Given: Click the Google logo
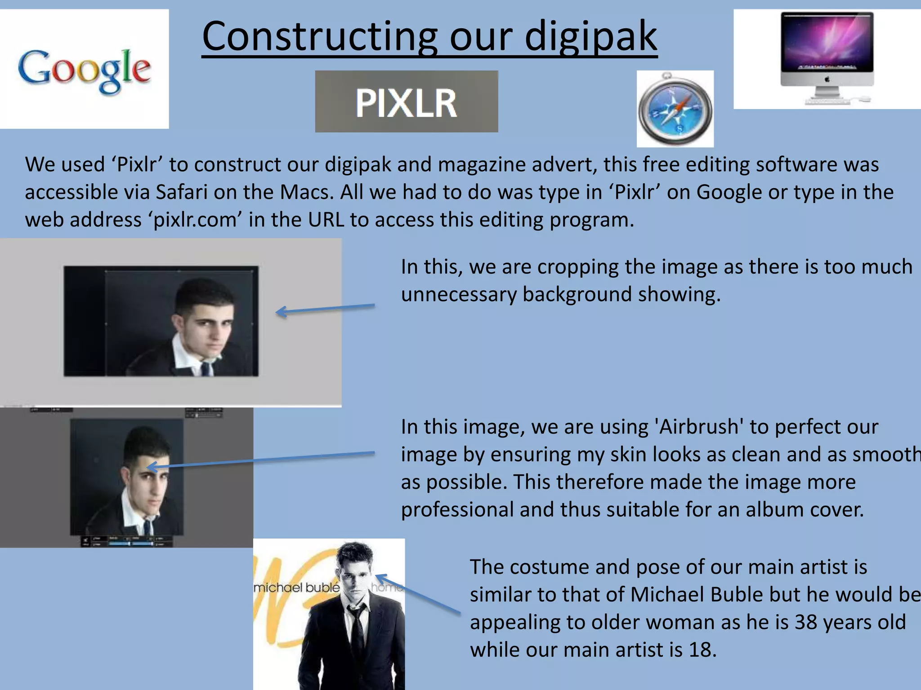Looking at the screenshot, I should (84, 70).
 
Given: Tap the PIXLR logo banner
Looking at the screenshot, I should (406, 102).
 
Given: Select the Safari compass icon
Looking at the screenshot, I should (675, 109).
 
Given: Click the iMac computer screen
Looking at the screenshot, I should (827, 43).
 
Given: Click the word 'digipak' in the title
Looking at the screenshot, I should (591, 37).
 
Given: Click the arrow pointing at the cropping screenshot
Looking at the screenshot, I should (325, 310).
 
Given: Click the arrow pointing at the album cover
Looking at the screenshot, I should (417, 593).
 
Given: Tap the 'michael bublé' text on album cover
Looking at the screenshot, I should (297, 588).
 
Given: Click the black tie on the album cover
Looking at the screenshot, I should (358, 629).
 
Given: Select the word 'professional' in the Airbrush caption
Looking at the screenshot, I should (457, 510).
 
